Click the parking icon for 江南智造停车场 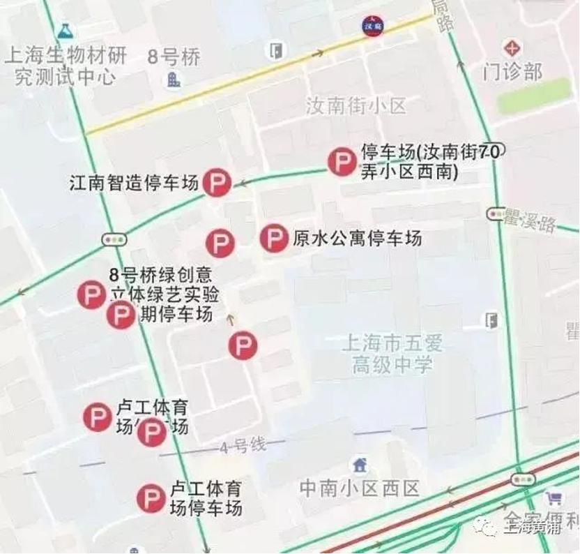[217, 184]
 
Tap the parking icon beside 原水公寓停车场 [274, 239]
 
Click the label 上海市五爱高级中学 [392, 353]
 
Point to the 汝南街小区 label [356, 106]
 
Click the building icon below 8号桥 [173, 80]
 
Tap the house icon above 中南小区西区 [360, 464]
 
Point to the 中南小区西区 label [360, 488]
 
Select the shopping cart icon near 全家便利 [554, 498]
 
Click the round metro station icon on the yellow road [372, 26]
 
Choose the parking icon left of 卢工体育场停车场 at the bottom [151, 498]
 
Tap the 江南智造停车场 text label [135, 184]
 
